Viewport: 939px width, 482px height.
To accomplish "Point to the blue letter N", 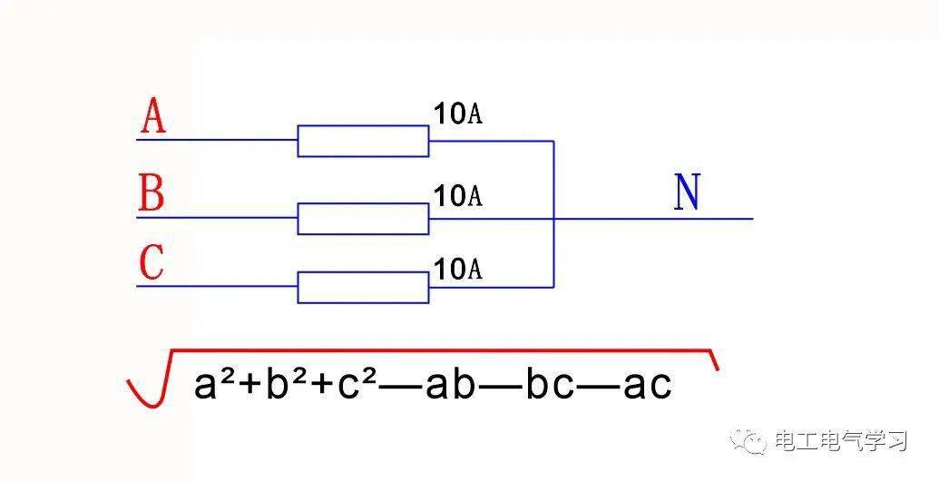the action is click(687, 192).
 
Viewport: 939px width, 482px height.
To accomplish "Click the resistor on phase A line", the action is click(363, 141).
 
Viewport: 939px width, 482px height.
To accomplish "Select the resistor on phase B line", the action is click(363, 218).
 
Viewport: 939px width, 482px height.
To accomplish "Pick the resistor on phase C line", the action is click(363, 287).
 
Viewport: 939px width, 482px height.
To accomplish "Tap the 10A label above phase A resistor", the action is click(457, 113).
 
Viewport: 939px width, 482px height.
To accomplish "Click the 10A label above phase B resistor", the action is click(457, 195).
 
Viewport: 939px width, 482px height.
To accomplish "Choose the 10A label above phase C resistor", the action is click(457, 270).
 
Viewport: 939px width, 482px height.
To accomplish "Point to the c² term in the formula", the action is click(357, 384).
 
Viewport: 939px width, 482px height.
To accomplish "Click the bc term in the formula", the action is click(550, 384).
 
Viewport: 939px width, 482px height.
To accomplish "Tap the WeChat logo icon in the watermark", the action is click(748, 442).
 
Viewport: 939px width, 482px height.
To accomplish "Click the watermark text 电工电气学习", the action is click(841, 442).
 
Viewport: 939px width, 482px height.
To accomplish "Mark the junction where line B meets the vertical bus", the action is click(554, 218).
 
